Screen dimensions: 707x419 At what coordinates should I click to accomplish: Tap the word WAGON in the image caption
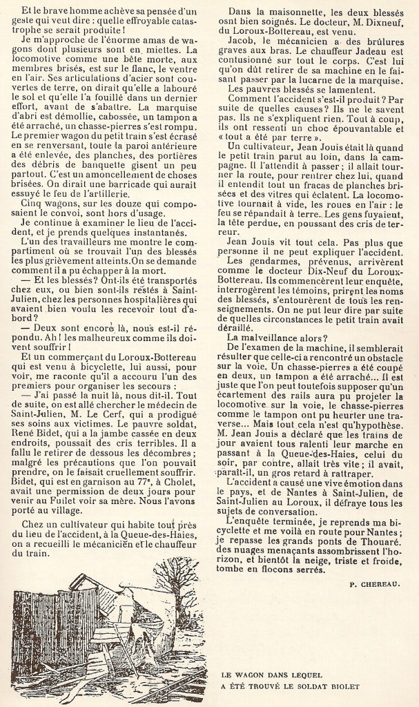coord(246,671)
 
